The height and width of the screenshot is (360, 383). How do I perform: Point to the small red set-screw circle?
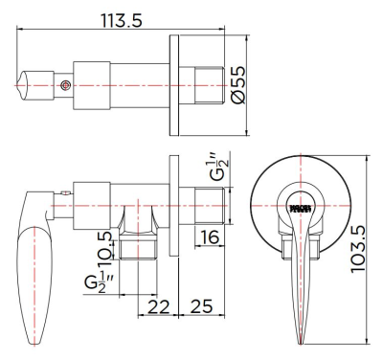click(64, 85)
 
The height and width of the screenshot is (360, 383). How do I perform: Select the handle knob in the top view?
click(39, 85)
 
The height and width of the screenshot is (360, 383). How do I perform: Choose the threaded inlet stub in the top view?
click(209, 85)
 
